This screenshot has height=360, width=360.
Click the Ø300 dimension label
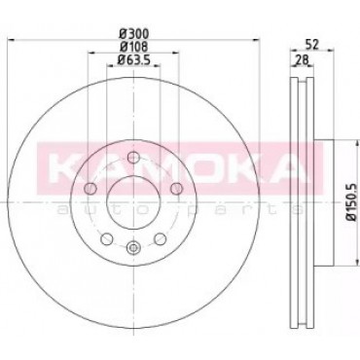click(x=133, y=33)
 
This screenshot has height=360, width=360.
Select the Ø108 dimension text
click(x=133, y=47)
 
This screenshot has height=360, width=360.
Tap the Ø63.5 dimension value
click(x=133, y=60)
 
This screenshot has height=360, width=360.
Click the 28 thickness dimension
click(x=302, y=59)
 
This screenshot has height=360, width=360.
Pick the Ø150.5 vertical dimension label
click(x=352, y=201)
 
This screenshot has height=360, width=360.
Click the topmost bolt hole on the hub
click(x=133, y=158)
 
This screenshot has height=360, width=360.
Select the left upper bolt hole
click(x=90, y=188)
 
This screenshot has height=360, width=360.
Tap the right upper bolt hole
click(x=177, y=188)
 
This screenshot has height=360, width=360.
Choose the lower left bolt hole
click(x=107, y=239)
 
